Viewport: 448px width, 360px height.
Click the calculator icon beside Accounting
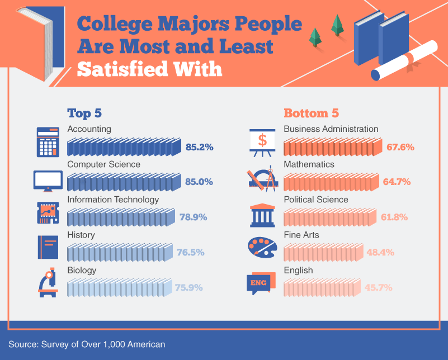click(x=49, y=142)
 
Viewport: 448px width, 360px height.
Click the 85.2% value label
click(x=200, y=148)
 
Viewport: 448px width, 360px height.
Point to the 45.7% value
click(x=379, y=288)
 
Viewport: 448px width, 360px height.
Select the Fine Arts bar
click(x=323, y=253)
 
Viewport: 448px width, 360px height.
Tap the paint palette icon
click(x=261, y=247)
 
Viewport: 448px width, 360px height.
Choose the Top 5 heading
click(x=84, y=113)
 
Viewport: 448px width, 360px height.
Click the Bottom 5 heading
click(x=311, y=113)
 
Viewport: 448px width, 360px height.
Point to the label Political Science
click(x=315, y=200)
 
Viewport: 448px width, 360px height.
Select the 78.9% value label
click(x=193, y=217)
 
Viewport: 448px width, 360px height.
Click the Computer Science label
click(x=103, y=164)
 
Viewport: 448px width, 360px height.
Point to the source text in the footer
click(x=87, y=343)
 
